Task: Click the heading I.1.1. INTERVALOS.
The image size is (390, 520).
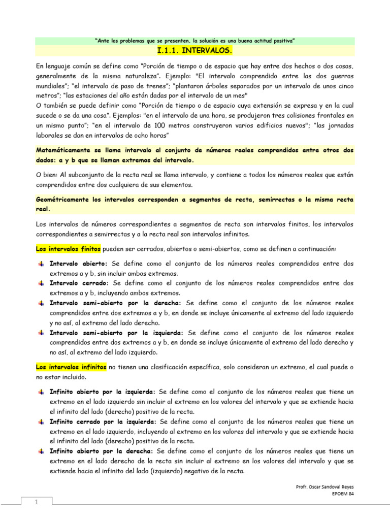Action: pos(195,51)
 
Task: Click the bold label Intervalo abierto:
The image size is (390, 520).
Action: pos(78,264)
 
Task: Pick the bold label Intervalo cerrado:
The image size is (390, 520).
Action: pos(79,283)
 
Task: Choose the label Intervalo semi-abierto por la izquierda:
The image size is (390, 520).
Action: pos(116,333)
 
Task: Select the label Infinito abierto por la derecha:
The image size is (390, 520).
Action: pos(101,451)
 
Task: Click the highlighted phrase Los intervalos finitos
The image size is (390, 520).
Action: pos(68,249)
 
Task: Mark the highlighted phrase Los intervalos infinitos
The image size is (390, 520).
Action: pos(71,367)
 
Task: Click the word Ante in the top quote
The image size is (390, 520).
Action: pos(103,40)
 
